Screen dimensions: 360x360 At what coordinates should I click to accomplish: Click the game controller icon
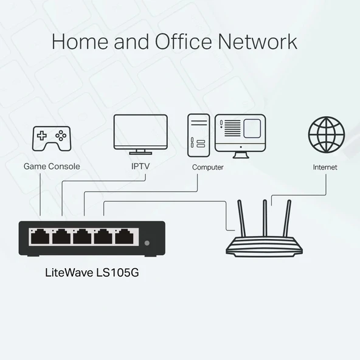pyautogui.click(x=51, y=140)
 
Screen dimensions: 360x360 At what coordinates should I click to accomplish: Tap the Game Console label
pyautogui.click(x=52, y=166)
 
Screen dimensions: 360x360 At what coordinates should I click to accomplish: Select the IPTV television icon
pyautogui.click(x=140, y=134)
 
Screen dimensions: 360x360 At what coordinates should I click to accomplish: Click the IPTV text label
pyautogui.click(x=140, y=166)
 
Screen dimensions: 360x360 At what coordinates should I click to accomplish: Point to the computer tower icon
pyautogui.click(x=198, y=134)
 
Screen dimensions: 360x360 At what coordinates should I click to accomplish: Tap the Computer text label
pyautogui.click(x=208, y=167)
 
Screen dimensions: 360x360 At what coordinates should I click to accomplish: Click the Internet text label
pyautogui.click(x=325, y=167)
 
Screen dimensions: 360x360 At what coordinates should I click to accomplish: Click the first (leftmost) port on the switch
pyautogui.click(x=40, y=236)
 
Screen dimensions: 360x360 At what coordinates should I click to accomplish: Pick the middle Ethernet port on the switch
pyautogui.click(x=82, y=236)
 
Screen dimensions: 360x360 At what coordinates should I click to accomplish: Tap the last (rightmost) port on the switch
pyautogui.click(x=125, y=236)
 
